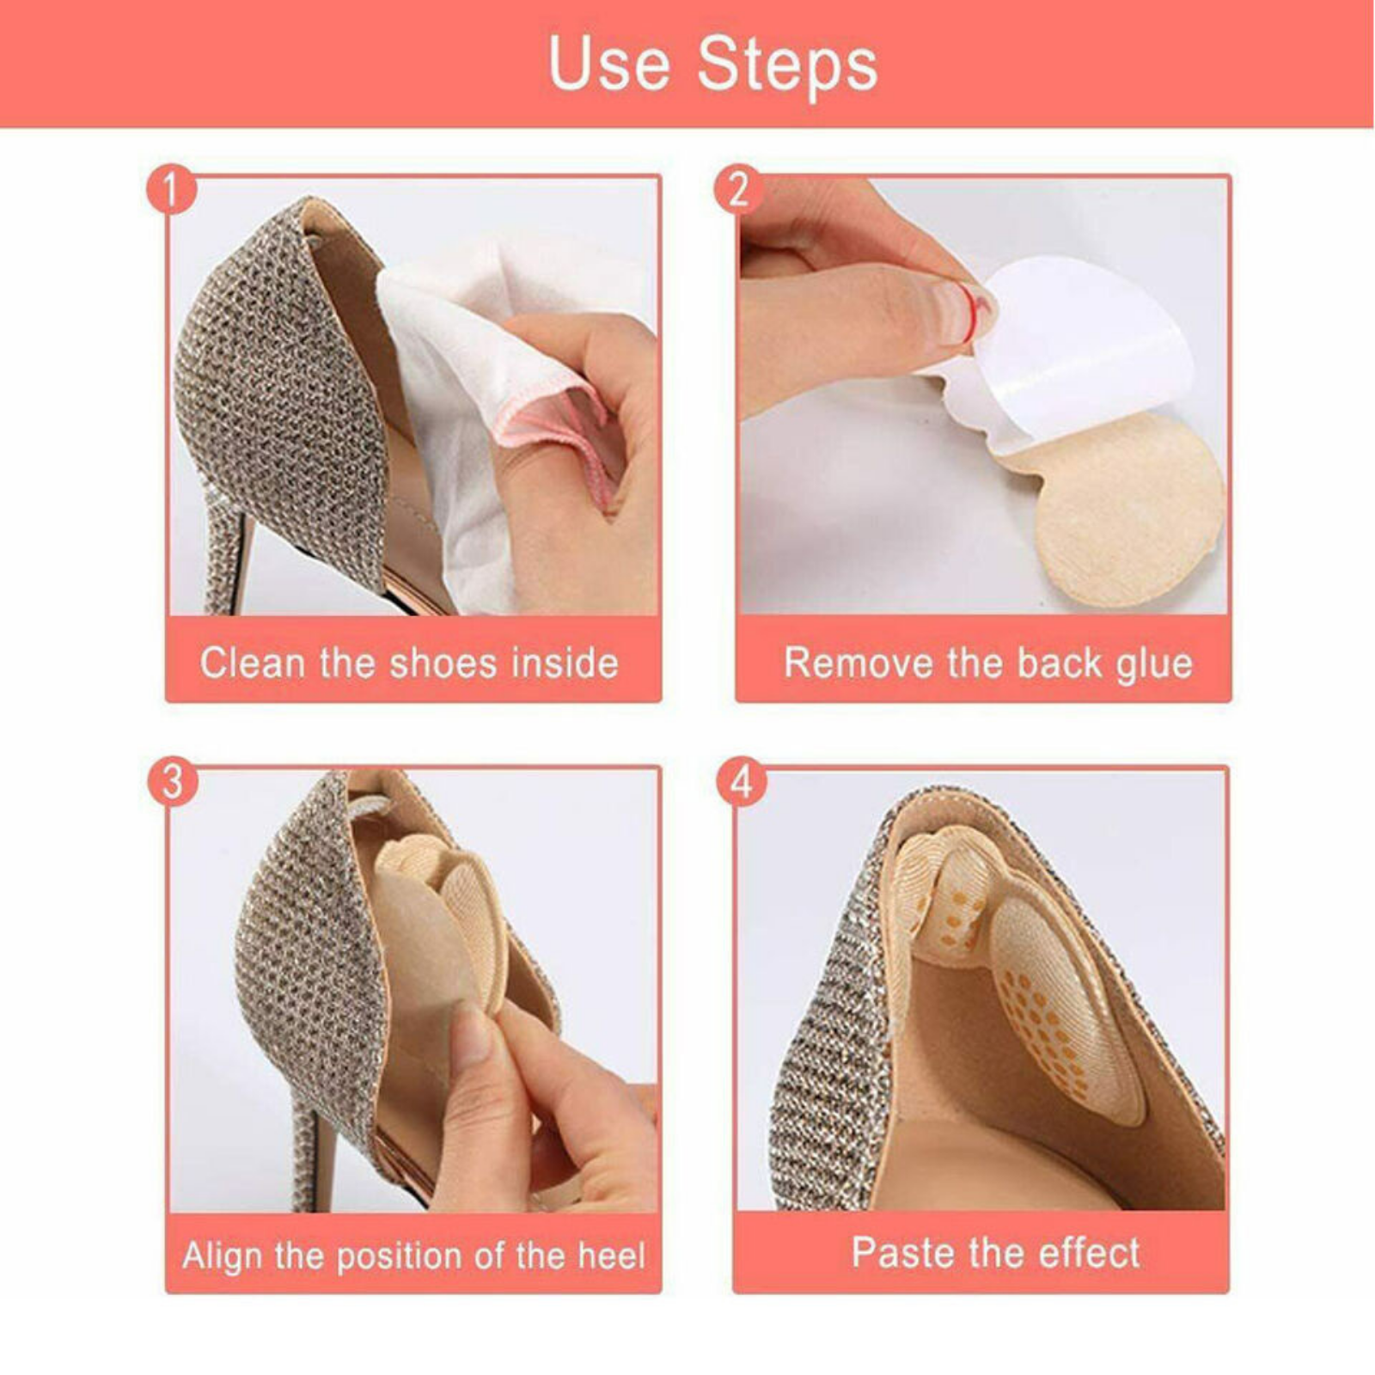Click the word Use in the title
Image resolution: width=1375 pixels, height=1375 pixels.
(x=608, y=64)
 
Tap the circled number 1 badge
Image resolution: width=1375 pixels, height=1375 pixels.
(x=171, y=190)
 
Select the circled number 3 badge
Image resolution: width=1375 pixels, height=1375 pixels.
(x=172, y=782)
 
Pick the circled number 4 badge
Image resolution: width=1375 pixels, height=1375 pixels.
(x=741, y=782)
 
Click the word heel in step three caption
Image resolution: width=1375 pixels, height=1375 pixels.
(x=610, y=1256)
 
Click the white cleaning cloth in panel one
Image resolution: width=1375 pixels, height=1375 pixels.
(x=447, y=361)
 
